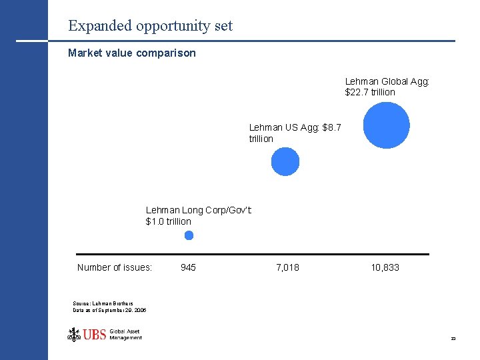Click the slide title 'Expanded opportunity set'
[150, 26]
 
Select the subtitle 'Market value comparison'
[132, 53]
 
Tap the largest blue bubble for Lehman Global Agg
[387, 125]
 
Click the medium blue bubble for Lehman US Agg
[285, 161]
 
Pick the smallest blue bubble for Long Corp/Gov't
[189, 235]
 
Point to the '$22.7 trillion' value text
[370, 92]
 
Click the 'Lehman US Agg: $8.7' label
[295, 127]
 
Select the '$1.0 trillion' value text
[168, 221]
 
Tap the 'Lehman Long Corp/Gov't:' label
[199, 211]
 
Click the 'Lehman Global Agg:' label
[387, 81]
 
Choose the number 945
[188, 267]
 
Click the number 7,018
[287, 267]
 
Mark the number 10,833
[385, 267]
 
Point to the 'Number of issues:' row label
[115, 267]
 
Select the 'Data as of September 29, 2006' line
[109, 310]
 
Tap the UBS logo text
[95, 335]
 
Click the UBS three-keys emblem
[74, 334]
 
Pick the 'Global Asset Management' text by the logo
[125, 335]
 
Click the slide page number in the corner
[453, 339]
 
